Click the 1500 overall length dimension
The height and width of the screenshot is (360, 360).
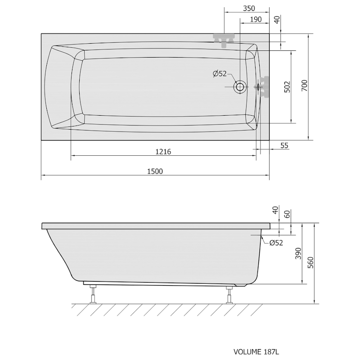tap(155, 171)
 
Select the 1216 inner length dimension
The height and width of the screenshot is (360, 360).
tap(163, 152)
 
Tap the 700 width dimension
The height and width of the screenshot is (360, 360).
tap(305, 85)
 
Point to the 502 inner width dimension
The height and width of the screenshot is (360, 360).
tap(287, 87)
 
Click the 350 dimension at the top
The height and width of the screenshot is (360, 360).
tap(249, 9)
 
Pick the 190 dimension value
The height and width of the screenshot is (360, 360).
tap(256, 19)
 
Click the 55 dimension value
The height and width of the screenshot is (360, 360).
tap(284, 145)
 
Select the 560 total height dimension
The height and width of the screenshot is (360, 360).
tap(310, 262)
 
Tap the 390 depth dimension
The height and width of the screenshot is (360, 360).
tap(298, 253)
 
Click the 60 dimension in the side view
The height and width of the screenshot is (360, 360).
tap(287, 214)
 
